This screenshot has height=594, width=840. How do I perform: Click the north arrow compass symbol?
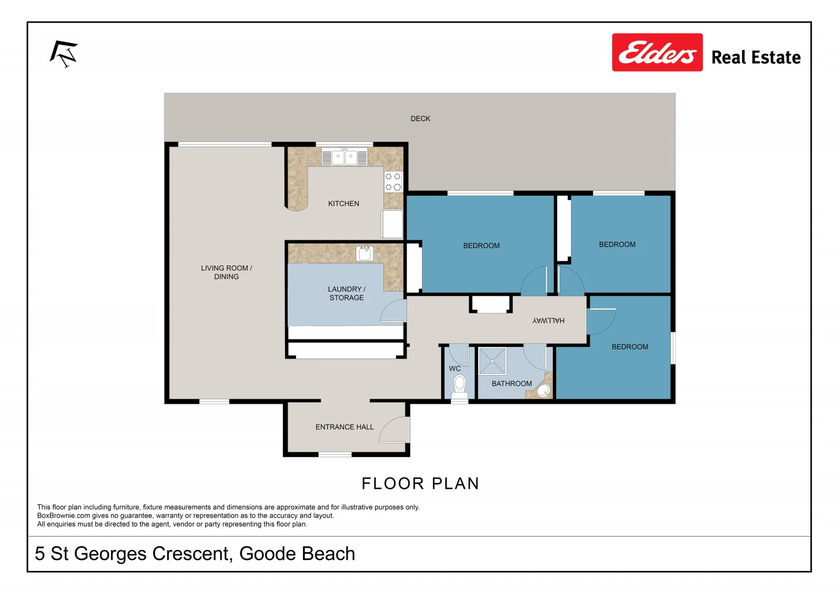64,54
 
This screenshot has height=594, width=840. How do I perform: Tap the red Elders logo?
657,53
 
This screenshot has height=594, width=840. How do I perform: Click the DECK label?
420,119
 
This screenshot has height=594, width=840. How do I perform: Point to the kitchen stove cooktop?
393,182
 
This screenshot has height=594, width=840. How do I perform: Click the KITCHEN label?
343,204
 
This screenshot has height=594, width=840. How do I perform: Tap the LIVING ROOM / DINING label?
226,272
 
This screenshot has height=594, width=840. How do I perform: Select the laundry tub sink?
365,254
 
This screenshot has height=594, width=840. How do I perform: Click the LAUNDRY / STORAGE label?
347,293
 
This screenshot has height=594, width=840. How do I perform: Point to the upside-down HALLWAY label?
548,321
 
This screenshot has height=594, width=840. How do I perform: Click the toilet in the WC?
459,384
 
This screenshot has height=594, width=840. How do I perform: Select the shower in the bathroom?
492,361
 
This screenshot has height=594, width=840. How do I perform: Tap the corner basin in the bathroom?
543,391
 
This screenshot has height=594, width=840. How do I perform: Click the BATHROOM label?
512,384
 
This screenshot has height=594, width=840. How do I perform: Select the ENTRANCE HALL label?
344,427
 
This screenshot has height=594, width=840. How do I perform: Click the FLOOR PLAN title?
420,483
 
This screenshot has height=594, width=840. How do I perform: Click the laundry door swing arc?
393,311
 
